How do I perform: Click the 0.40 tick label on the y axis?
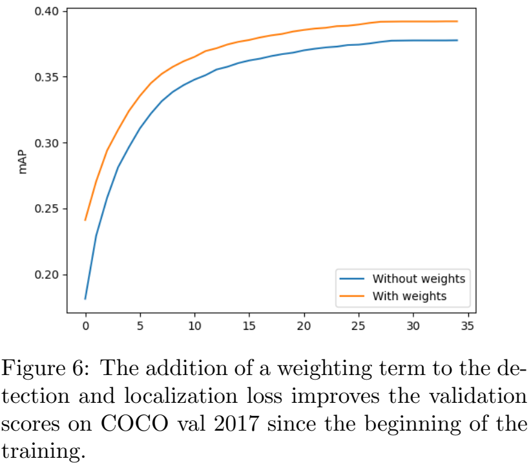click(47, 12)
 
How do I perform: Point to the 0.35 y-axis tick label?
click(47, 78)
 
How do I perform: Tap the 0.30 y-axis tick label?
click(47, 143)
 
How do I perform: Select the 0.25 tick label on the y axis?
click(47, 209)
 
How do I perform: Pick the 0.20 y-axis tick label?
click(47, 275)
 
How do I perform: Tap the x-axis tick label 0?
click(85, 325)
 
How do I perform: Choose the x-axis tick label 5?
click(140, 325)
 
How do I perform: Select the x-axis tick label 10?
click(195, 325)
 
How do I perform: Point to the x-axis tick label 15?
click(250, 325)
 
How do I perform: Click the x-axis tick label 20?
click(304, 325)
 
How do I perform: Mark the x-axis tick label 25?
click(359, 325)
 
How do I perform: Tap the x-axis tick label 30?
click(414, 325)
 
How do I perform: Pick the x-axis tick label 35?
click(469, 325)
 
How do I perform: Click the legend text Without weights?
click(419, 279)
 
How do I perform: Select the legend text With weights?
click(410, 296)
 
